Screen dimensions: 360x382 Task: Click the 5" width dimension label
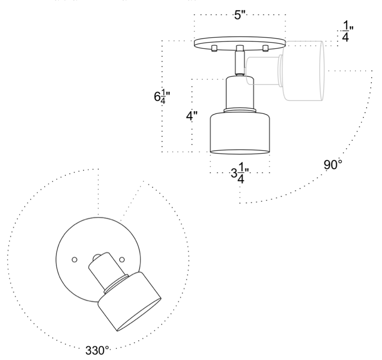pos(239,15)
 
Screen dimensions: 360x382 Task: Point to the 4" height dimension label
pos(190,115)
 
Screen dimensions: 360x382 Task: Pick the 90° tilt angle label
pos(333,165)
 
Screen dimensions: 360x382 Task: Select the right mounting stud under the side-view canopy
pos(266,49)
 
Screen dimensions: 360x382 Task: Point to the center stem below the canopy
pos(239,61)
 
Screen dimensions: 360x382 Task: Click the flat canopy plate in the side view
pos(239,43)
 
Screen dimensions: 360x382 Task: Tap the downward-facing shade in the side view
pos(240,133)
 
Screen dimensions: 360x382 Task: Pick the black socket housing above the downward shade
pos(239,92)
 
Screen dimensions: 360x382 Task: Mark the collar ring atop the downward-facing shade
pos(239,110)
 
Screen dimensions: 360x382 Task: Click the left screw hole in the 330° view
pos(74,258)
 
